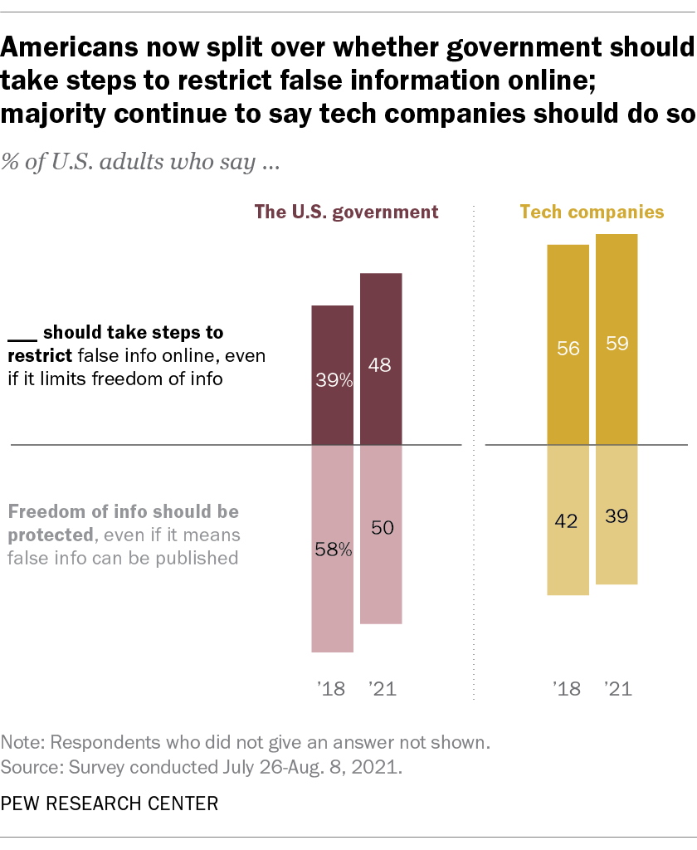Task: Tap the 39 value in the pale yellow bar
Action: pos(617,515)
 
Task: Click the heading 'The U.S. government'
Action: pos(346,212)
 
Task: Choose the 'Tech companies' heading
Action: pos(592,212)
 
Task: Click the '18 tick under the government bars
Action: pos(332,688)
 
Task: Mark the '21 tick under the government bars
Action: pos(381,688)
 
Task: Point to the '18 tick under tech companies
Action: pos(568,688)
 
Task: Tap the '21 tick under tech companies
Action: pos(617,688)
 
